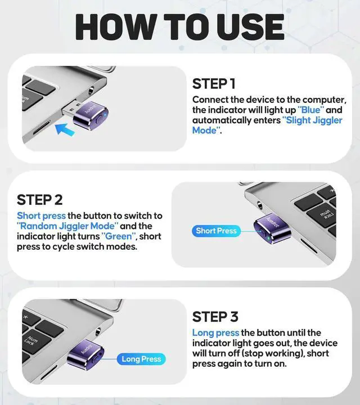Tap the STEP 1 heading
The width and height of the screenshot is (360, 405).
[x=214, y=84]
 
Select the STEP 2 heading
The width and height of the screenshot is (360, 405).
[x=39, y=200]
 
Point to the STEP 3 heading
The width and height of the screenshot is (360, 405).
[x=215, y=316]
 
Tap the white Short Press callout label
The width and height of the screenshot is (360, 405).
[x=216, y=231]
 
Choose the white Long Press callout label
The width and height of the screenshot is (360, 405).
[x=141, y=359]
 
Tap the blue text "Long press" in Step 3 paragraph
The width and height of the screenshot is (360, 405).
[x=215, y=333]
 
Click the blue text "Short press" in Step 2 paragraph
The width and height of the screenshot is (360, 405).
[x=41, y=215]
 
